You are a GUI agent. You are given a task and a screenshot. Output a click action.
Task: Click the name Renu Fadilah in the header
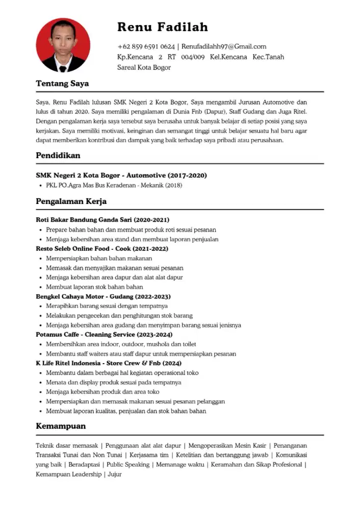pyautogui.click(x=162, y=27)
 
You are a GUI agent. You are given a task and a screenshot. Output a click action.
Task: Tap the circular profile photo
pyautogui.click(x=63, y=45)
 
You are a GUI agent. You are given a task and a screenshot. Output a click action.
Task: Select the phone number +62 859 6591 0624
pyautogui.click(x=146, y=46)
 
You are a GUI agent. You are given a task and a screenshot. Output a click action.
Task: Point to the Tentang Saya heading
pyautogui.click(x=62, y=84)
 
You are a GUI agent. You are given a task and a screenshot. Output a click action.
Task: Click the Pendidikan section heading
pyautogui.click(x=58, y=156)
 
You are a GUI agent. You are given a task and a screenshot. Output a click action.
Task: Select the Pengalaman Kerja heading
pyautogui.click(x=71, y=201)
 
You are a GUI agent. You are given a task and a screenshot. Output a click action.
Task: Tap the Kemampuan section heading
pyautogui.click(x=61, y=426)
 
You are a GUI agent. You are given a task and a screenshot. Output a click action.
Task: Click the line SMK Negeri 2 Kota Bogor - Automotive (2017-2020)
pyautogui.click(x=121, y=175)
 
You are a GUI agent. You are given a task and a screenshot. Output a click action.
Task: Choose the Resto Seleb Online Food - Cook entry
pyautogui.click(x=102, y=249)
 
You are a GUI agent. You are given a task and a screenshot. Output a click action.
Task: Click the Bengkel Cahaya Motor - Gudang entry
pyautogui.click(x=103, y=296)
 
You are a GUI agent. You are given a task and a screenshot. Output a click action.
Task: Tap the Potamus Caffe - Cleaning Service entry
pyautogui.click(x=104, y=335)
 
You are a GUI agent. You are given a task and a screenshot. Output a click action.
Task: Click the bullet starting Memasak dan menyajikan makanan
pyautogui.click(x=115, y=268)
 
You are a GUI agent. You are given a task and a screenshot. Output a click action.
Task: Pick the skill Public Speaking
pyautogui.click(x=128, y=465)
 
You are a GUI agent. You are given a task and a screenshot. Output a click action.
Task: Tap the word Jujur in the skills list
pyautogui.click(x=115, y=474)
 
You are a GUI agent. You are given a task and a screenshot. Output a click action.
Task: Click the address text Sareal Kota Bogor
pyautogui.click(x=144, y=67)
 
